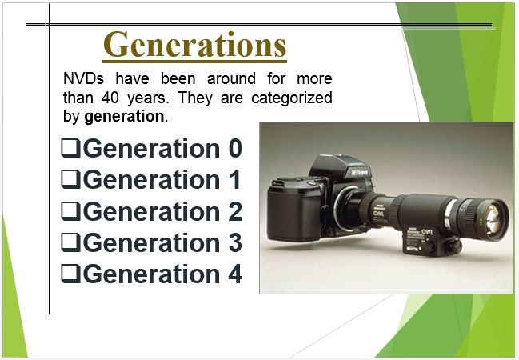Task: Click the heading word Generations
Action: click(194, 44)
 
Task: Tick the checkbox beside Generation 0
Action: click(70, 148)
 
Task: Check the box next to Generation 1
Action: click(70, 179)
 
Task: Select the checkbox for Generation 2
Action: click(70, 211)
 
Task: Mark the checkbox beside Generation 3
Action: click(70, 242)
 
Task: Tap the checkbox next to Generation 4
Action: click(70, 274)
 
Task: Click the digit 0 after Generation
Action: click(235, 148)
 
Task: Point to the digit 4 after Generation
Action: click(235, 274)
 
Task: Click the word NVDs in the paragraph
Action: click(83, 79)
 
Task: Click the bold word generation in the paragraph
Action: click(124, 117)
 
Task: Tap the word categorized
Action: click(292, 98)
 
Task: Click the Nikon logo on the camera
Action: click(359, 173)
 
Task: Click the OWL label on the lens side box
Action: click(427, 231)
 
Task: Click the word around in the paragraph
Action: click(231, 79)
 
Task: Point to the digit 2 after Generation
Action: click(235, 211)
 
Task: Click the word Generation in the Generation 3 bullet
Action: click(151, 242)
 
